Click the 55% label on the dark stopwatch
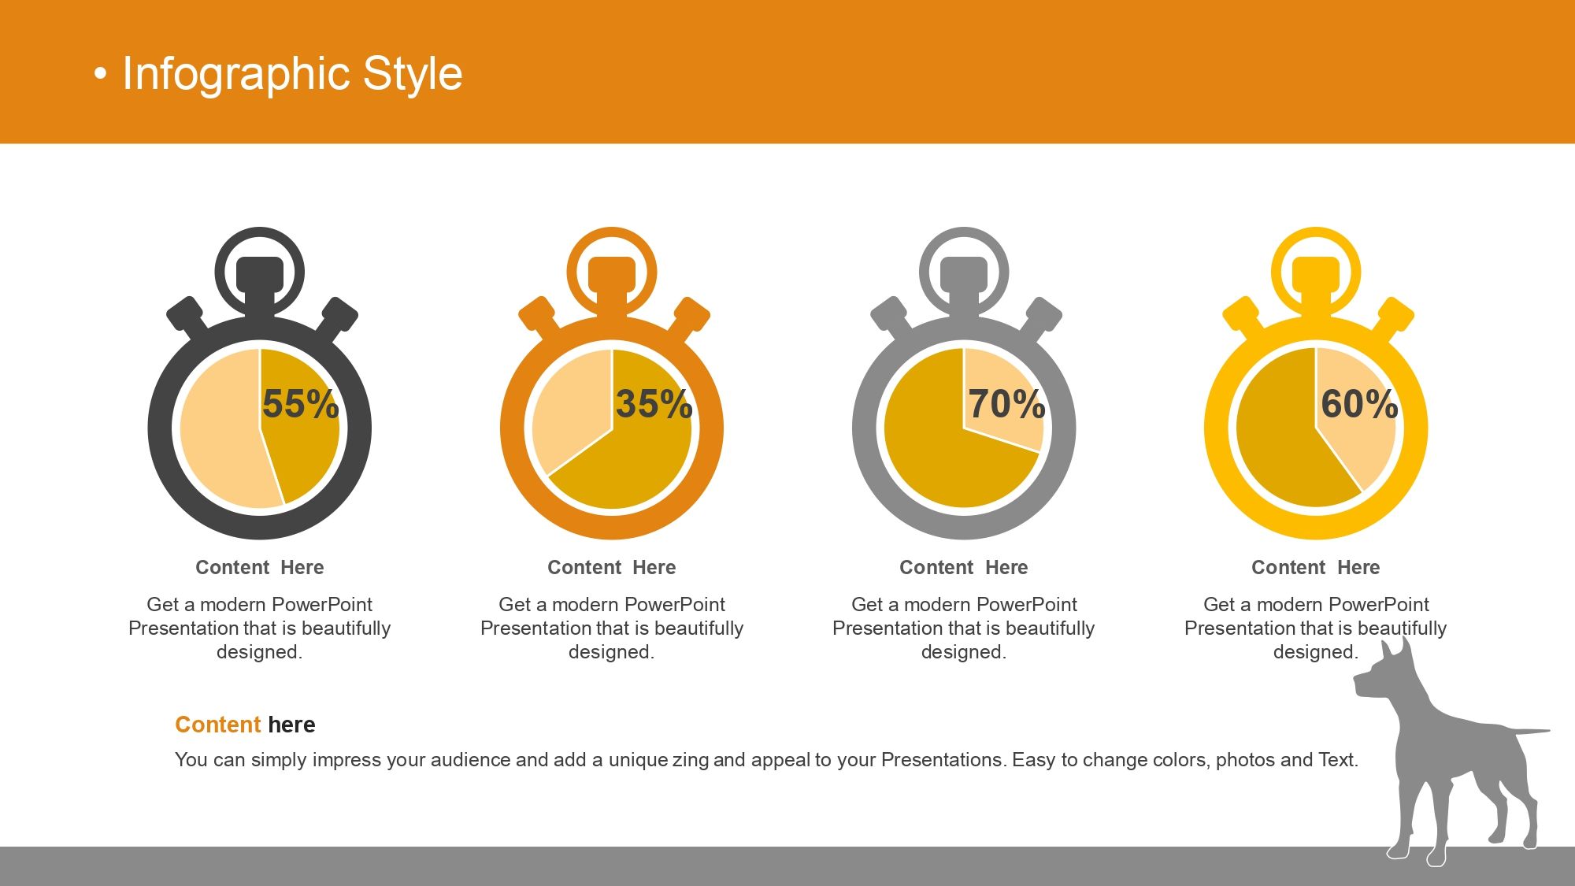[300, 404]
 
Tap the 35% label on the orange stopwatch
[654, 404]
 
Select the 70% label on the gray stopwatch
[1006, 404]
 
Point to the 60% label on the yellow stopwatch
[1359, 404]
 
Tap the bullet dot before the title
[100, 75]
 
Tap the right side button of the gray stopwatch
[1040, 316]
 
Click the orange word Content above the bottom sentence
[218, 725]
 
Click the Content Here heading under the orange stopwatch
[612, 568]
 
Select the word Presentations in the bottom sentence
[943, 760]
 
